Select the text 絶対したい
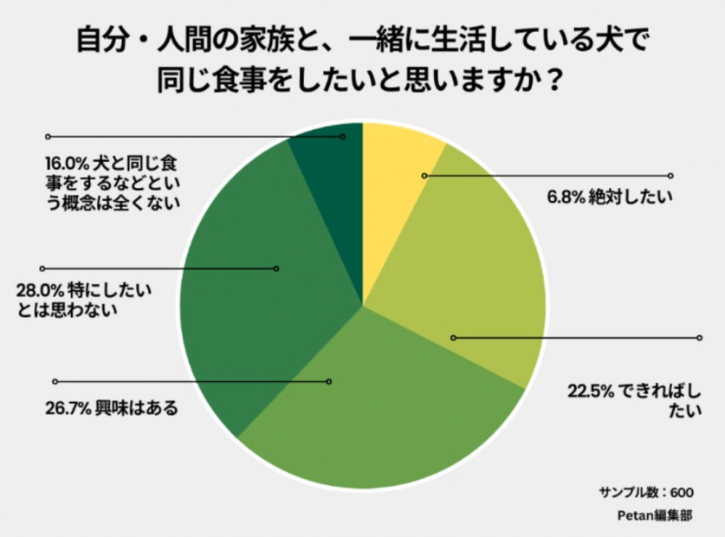[x=626, y=197]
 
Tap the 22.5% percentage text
[x=590, y=391]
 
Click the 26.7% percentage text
[x=68, y=407]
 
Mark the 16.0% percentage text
[x=67, y=163]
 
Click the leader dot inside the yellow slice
[x=424, y=175]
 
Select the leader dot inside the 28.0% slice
[x=276, y=268]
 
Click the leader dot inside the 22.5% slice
[x=452, y=337]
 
